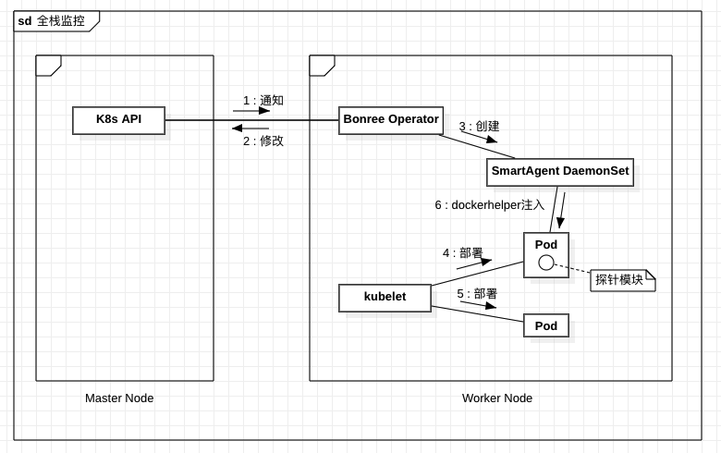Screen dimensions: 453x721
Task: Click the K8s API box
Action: click(118, 120)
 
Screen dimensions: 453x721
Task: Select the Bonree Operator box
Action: click(390, 120)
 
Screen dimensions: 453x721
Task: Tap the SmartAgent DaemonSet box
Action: click(560, 172)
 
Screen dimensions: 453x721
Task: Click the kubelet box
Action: click(385, 298)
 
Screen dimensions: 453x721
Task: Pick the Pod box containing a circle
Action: click(546, 246)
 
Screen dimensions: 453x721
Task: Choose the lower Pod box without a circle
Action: click(546, 326)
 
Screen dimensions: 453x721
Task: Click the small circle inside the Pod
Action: click(546, 263)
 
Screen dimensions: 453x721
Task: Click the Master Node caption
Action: click(119, 398)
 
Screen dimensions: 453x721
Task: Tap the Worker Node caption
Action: click(497, 398)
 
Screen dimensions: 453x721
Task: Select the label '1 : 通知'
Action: click(263, 100)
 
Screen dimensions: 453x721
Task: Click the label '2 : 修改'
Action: click(263, 141)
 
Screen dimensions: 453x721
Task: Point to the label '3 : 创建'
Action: click(479, 126)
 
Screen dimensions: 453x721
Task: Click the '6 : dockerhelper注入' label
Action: click(489, 205)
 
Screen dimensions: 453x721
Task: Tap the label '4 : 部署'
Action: click(463, 252)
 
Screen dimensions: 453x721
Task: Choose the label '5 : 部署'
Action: click(477, 294)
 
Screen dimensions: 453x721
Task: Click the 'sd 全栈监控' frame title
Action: click(52, 20)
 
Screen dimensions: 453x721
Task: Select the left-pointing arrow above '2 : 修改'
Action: click(250, 129)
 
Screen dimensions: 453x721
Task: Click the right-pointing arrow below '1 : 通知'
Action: click(251, 111)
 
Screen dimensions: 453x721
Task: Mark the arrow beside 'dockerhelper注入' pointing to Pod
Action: click(561, 210)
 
